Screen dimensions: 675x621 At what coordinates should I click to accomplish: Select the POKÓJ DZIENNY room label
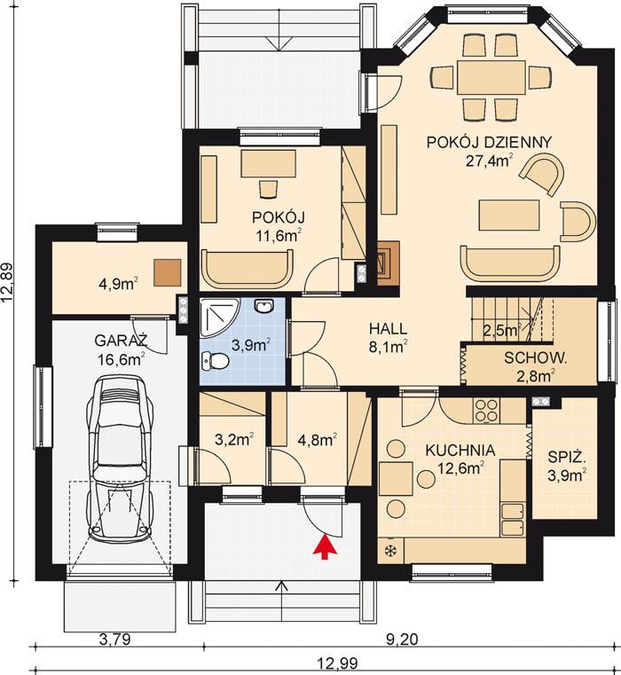coord(489,142)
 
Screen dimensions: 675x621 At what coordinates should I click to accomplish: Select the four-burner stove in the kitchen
coord(486,410)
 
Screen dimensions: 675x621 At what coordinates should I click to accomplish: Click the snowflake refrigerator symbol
coord(389,551)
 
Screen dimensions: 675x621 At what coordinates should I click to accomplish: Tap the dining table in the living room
coord(491,76)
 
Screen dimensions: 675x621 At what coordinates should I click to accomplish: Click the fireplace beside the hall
coord(388,263)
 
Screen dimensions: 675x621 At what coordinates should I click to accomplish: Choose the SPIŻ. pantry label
coord(565,458)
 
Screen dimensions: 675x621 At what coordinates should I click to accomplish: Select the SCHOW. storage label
coord(536,358)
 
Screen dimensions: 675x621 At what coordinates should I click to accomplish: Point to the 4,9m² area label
coord(117,284)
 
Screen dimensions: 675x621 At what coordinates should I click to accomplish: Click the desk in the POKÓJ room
coord(269,163)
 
